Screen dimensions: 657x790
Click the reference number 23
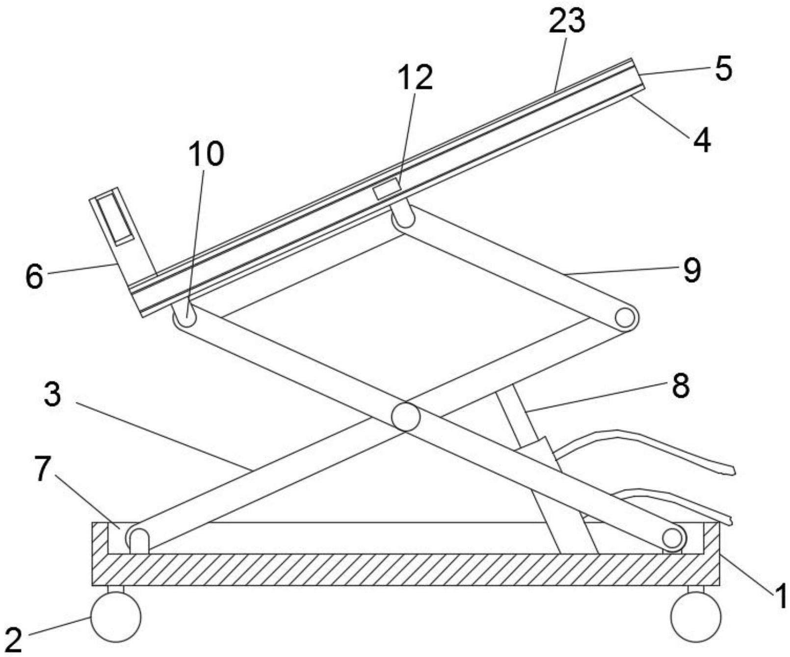pos(567,22)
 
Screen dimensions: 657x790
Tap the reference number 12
pos(415,78)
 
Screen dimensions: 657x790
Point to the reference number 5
pos(723,68)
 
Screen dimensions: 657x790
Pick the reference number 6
pos(34,277)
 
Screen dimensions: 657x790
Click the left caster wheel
pos(116,616)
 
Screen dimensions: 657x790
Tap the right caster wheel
pos(696,616)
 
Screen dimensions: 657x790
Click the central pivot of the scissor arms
pos(406,417)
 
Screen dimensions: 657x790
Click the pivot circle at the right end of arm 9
pos(625,318)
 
